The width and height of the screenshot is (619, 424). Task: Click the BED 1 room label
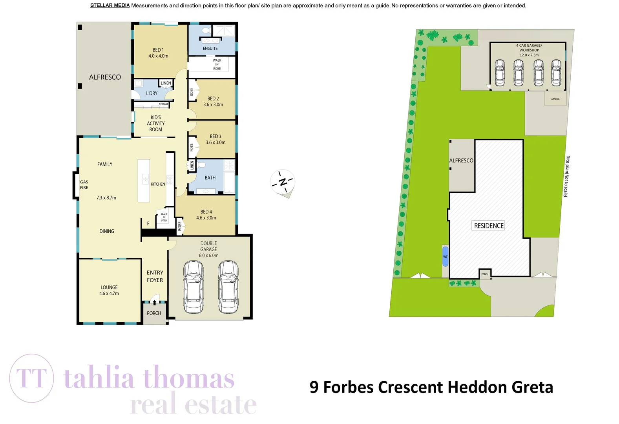coord(158,53)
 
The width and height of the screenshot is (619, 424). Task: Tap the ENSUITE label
coord(210,48)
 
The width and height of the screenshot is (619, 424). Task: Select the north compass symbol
coord(283,182)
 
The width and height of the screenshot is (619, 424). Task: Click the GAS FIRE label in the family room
coord(84,185)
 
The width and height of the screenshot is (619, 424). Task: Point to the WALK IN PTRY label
coord(164,217)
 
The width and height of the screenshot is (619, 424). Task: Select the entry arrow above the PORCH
coord(154,302)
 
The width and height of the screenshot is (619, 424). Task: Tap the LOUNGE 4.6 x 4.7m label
coord(109,291)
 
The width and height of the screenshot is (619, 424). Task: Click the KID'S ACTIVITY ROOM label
coord(155,123)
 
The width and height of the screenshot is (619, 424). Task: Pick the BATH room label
coord(210,178)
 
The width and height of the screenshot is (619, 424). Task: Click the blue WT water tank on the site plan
coord(445,257)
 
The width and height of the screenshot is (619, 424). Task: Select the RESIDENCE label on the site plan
coord(489,226)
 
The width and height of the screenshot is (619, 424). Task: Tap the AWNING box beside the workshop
coord(555,99)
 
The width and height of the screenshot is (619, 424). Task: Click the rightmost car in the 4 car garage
coord(556,73)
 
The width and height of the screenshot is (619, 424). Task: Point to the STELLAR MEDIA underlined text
coord(110,5)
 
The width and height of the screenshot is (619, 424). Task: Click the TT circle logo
coord(31,378)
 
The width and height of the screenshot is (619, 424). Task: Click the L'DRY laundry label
coord(152,93)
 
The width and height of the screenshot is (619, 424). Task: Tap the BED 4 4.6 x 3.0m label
coord(206,215)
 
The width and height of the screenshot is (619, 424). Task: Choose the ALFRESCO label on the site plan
coord(461,161)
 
